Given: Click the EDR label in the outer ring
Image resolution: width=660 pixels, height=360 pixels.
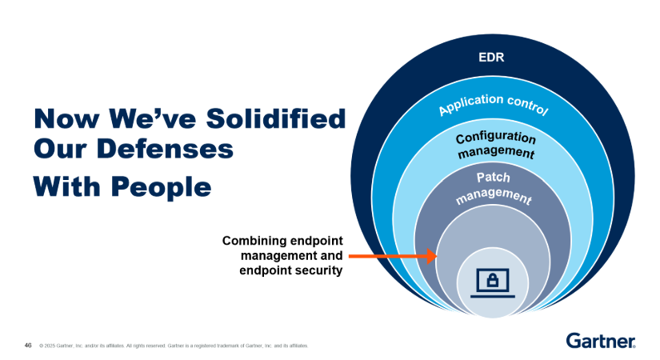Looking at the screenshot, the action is pyautogui.click(x=491, y=58).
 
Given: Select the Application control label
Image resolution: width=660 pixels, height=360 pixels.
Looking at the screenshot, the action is pyautogui.click(x=493, y=104).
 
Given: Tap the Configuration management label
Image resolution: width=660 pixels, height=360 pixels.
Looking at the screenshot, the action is pyautogui.click(x=496, y=145).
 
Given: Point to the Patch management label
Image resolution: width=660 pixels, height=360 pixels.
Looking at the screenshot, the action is pyautogui.click(x=494, y=188).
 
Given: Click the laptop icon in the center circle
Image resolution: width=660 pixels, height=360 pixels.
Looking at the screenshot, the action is pyautogui.click(x=493, y=283).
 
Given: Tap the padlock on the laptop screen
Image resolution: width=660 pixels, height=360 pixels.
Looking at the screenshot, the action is pyautogui.click(x=493, y=280).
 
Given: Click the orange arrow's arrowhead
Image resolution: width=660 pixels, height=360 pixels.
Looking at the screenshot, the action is pyautogui.click(x=432, y=256).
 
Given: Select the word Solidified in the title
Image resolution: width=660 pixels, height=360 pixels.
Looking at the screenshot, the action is pyautogui.click(x=276, y=118).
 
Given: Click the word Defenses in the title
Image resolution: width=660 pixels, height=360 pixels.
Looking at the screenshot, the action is pyautogui.click(x=165, y=149).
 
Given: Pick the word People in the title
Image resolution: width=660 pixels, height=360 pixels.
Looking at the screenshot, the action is pyautogui.click(x=162, y=187).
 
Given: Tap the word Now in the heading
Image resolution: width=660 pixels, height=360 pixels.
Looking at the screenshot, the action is pyautogui.click(x=67, y=118).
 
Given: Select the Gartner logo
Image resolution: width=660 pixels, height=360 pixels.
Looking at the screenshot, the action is pyautogui.click(x=601, y=341).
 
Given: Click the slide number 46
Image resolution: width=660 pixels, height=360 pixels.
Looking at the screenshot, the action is pyautogui.click(x=28, y=346).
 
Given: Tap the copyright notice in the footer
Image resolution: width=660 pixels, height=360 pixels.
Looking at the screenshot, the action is pyautogui.click(x=174, y=346).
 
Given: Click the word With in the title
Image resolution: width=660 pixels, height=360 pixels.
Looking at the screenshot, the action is pyautogui.click(x=67, y=186).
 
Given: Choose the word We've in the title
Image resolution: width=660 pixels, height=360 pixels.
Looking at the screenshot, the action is pyautogui.click(x=153, y=118).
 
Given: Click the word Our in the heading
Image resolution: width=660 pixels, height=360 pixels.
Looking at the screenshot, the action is pyautogui.click(x=60, y=149).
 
